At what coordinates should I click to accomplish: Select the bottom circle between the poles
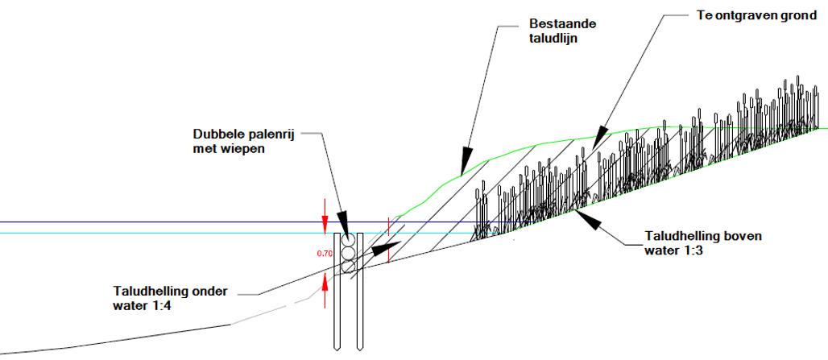348,267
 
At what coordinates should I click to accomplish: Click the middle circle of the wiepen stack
348,254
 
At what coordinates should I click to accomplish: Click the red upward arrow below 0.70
325,279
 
